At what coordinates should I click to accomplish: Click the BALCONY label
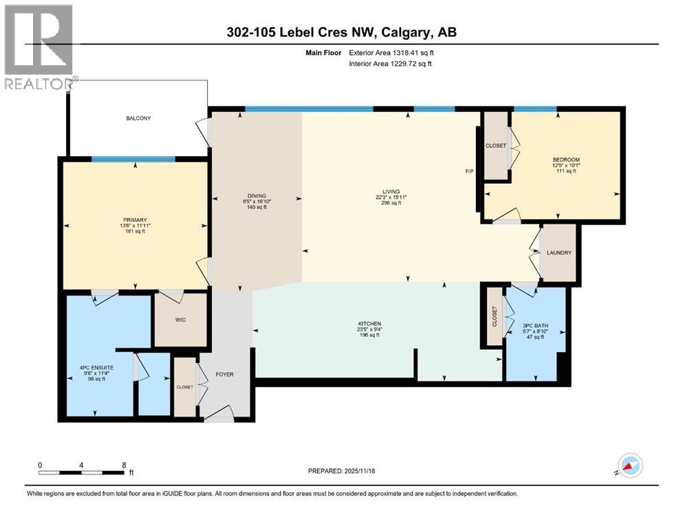138,118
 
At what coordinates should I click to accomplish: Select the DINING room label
257,196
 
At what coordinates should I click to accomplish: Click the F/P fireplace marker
470,171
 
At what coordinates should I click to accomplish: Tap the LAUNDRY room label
559,253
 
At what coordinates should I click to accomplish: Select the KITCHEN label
369,324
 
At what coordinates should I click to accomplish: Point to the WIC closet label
180,320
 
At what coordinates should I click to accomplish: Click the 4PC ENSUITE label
96,368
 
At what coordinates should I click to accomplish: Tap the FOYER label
224,375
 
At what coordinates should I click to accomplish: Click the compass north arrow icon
631,465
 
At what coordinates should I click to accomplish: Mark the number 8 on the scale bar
124,465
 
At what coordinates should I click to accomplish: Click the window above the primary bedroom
133,159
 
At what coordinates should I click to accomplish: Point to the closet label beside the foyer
184,387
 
